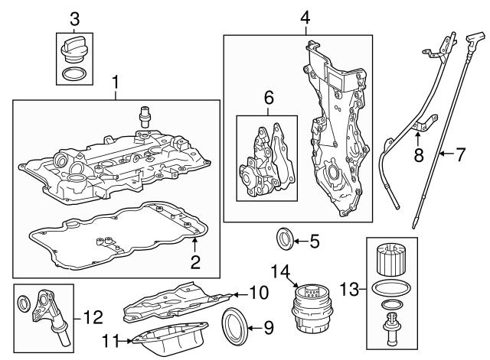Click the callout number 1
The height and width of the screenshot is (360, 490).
[x=116, y=81]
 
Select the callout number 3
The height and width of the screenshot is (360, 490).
[x=74, y=18]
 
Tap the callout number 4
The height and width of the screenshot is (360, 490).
[x=305, y=18]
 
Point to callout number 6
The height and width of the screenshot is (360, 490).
[x=268, y=97]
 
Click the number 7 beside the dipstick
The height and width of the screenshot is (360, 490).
[x=460, y=154]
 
